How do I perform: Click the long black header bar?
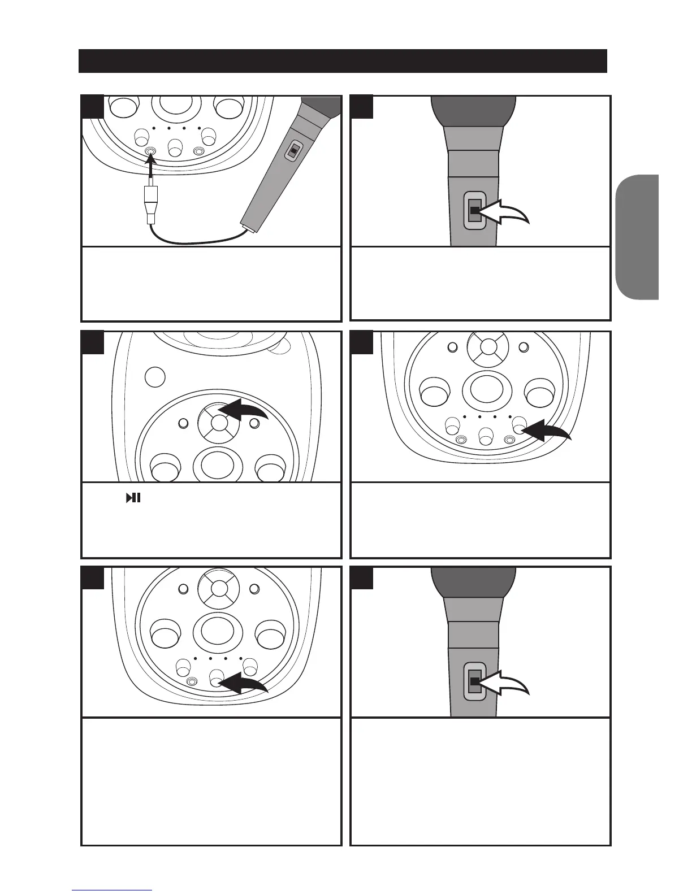pos(343,61)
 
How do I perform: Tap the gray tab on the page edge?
pos(638,237)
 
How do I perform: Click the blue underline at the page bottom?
pos(112,890)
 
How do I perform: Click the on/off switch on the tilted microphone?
pos(293,151)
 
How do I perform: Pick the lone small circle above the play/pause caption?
pos(155,376)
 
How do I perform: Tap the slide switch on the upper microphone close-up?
pos(475,210)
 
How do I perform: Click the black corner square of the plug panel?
pos(92,107)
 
